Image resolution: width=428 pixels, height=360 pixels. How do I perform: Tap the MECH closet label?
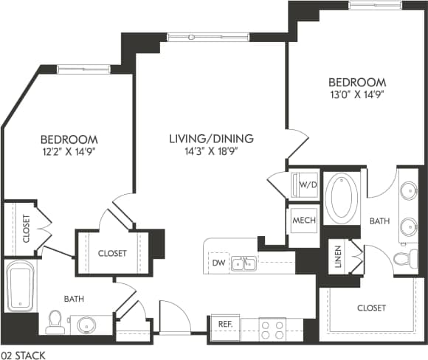(x=304, y=221)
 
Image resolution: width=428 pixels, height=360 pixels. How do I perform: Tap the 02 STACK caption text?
(x=24, y=355)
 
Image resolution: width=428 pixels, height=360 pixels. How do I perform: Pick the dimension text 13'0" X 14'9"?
(x=357, y=94)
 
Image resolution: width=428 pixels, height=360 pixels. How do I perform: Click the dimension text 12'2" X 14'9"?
(x=69, y=152)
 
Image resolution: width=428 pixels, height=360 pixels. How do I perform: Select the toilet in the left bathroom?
(x=54, y=319)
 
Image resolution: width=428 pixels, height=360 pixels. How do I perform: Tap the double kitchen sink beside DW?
(x=243, y=263)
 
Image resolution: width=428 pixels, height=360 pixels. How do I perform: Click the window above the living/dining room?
(x=202, y=37)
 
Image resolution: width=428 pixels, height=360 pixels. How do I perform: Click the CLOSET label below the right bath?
(x=371, y=307)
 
